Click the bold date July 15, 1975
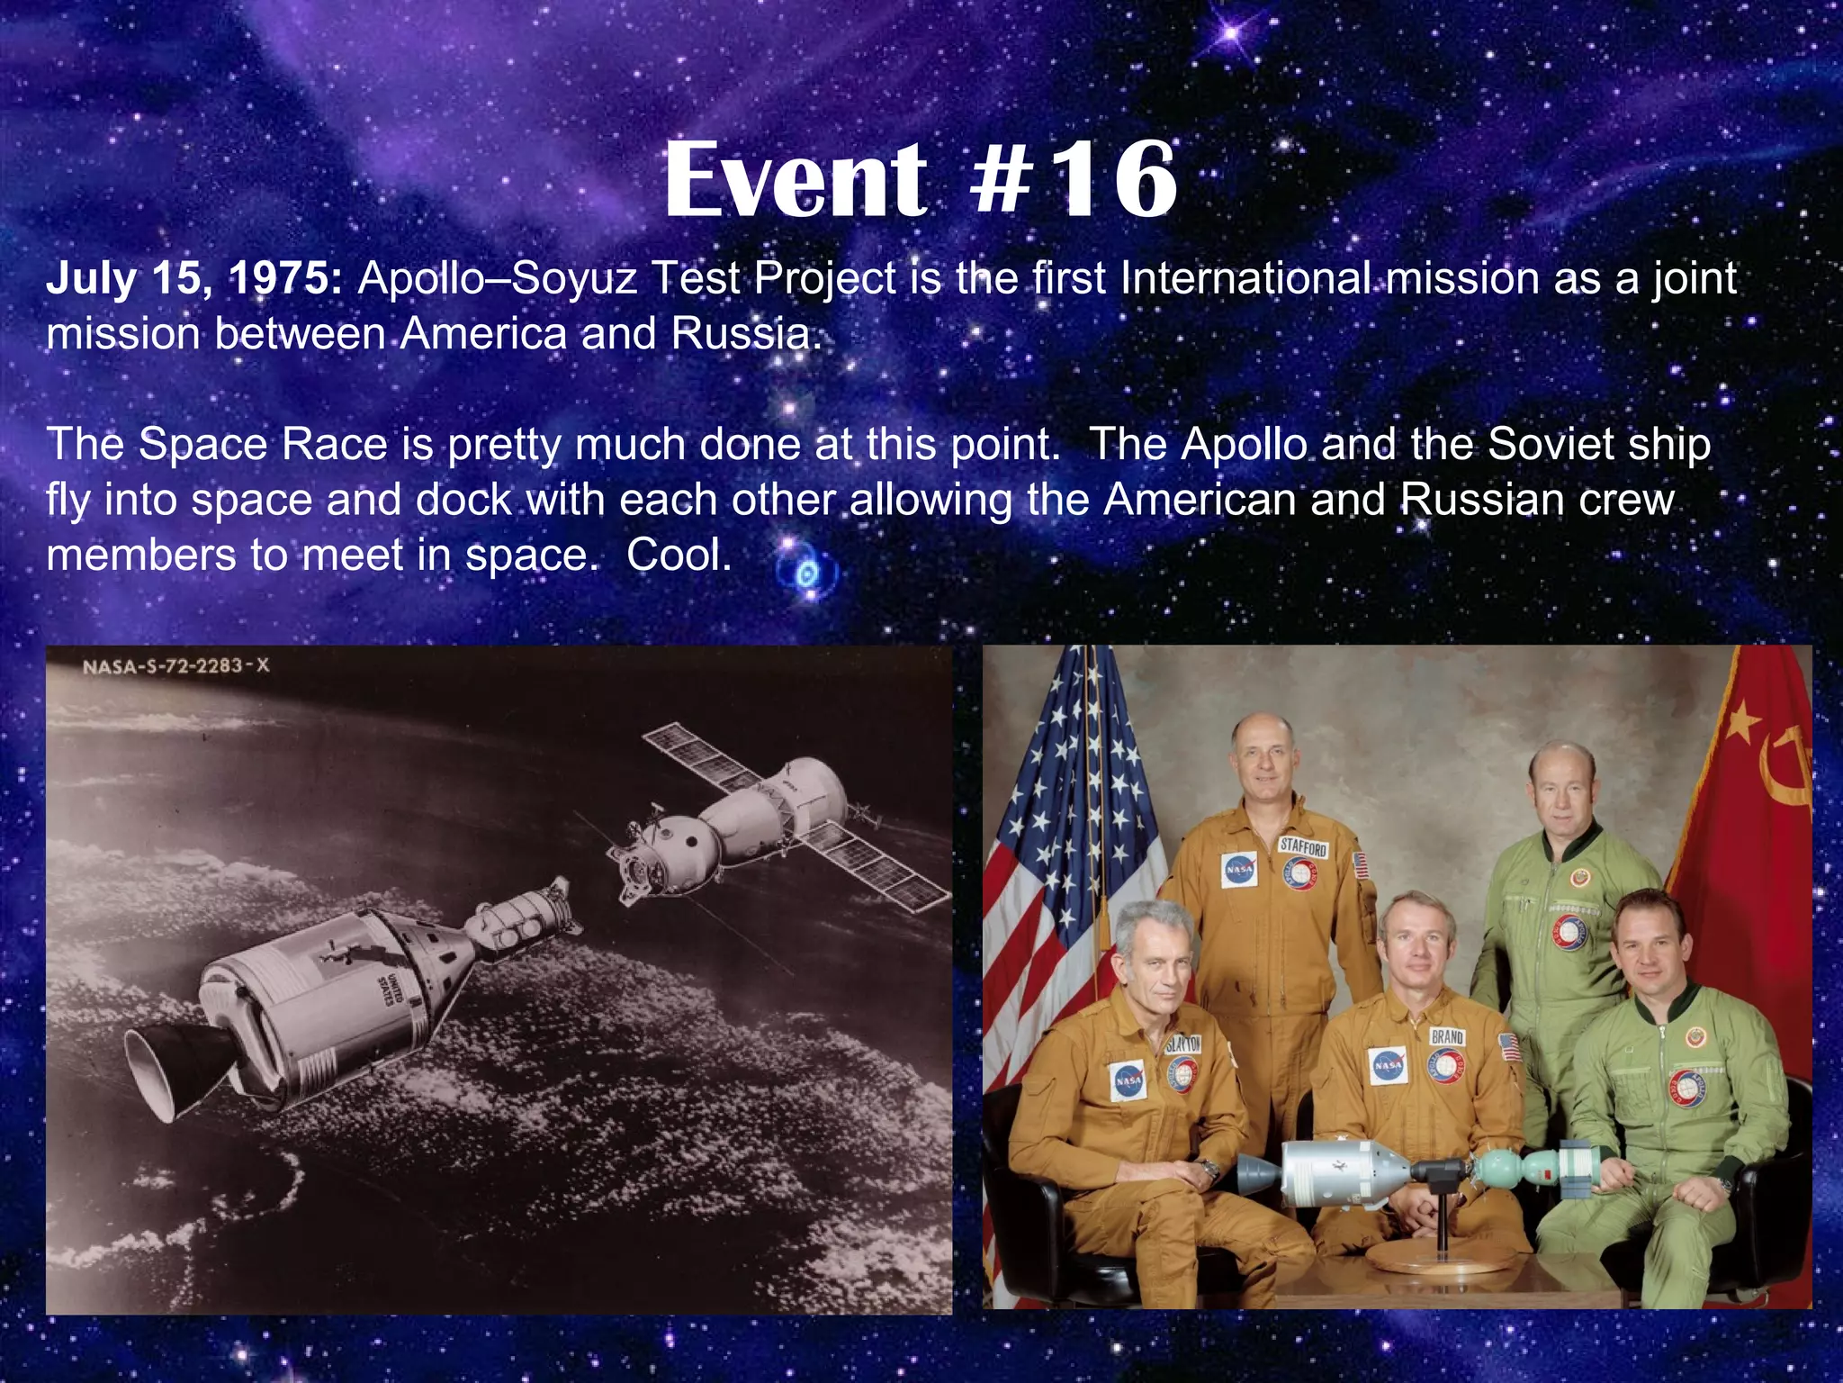pos(193,278)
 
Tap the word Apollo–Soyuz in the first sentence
pos(498,278)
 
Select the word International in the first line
pos(1246,278)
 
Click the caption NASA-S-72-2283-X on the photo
pos(175,666)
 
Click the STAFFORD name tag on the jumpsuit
pos(1303,847)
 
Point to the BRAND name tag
pos(1447,1036)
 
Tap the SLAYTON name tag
pos(1182,1044)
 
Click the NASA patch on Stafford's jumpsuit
pos(1238,870)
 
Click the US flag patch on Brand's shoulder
pos(1509,1047)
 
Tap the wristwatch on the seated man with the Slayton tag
pos(1210,1171)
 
